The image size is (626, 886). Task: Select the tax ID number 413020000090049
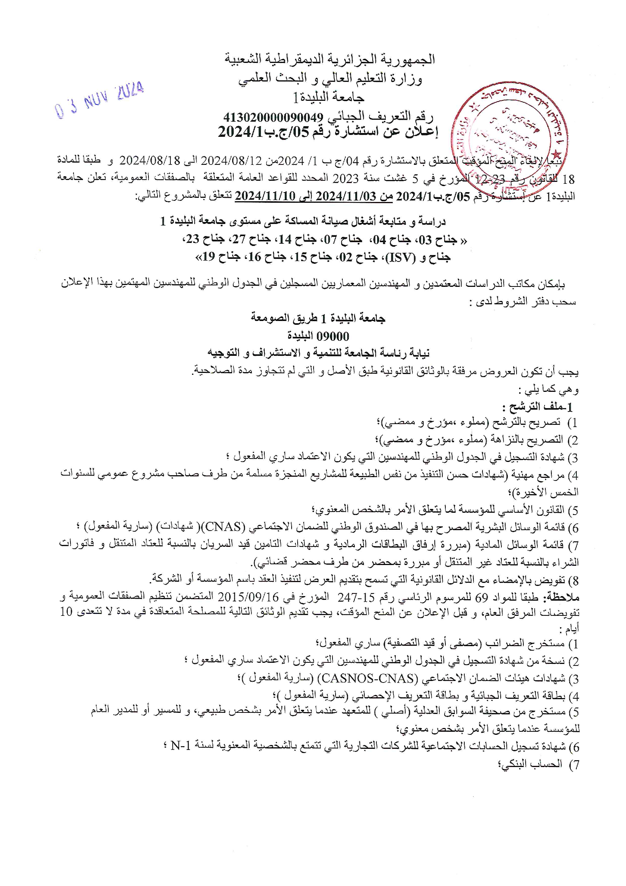click(x=273, y=117)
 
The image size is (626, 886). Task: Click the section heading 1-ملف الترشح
click(x=537, y=407)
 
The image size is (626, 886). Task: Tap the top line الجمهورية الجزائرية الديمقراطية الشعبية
click(x=330, y=59)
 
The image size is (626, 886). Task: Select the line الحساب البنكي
click(x=530, y=764)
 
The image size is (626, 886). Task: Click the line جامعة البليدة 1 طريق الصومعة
click(x=318, y=318)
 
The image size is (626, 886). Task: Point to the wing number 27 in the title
click(x=239, y=239)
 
